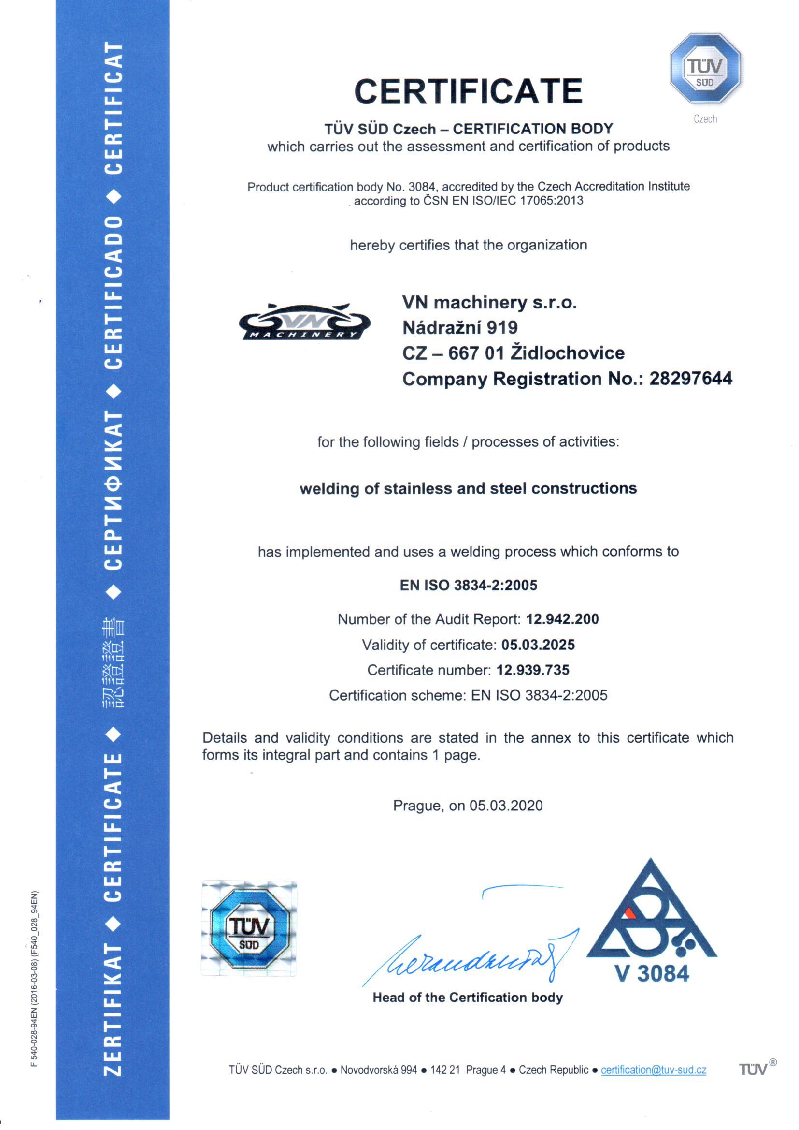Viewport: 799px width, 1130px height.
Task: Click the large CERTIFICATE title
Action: [468, 91]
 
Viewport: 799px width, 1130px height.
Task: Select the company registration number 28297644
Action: [690, 379]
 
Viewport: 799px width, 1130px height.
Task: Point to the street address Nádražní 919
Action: [459, 327]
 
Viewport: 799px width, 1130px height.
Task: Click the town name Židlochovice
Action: [567, 353]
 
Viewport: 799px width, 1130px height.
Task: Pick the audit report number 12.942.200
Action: [562, 619]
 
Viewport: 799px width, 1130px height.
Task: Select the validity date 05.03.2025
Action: [538, 645]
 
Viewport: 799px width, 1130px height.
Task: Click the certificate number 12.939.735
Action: [533, 670]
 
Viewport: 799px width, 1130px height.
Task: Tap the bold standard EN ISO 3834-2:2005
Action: [468, 585]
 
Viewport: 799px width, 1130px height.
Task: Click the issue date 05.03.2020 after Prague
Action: [506, 806]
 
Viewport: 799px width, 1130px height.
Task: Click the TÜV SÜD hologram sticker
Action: [249, 928]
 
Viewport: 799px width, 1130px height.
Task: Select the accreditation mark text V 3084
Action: [652, 973]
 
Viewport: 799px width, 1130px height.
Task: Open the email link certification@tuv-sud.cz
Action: [654, 1070]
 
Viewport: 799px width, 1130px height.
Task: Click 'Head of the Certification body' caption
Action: [468, 997]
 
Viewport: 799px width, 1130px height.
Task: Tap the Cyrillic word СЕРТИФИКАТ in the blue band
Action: [114, 490]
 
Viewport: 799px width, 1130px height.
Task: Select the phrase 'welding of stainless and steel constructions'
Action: [468, 488]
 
